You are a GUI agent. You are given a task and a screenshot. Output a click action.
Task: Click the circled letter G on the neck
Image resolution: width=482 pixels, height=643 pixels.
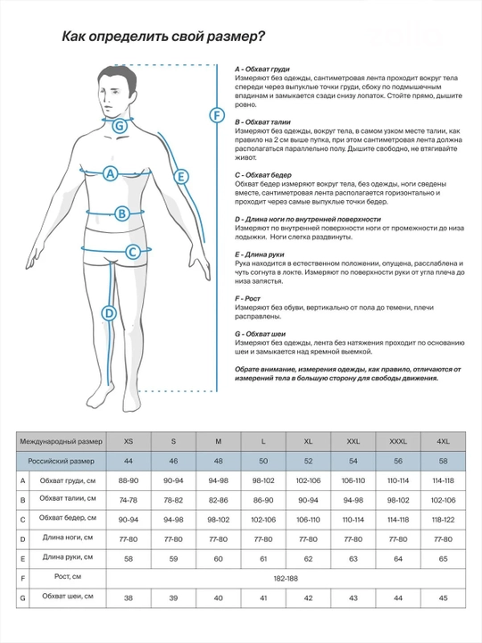(120, 126)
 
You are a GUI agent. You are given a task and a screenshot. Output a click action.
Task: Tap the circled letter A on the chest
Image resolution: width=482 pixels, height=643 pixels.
(110, 174)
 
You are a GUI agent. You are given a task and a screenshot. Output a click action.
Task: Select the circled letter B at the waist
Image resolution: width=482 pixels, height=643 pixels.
(121, 213)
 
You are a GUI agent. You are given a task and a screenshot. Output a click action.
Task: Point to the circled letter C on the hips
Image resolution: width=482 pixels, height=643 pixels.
(132, 251)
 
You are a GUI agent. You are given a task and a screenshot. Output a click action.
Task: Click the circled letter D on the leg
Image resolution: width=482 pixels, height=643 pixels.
(109, 313)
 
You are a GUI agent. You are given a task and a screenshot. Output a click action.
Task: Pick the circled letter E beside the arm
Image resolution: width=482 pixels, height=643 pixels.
(181, 177)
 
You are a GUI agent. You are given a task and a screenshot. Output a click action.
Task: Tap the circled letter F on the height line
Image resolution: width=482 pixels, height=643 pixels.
(217, 115)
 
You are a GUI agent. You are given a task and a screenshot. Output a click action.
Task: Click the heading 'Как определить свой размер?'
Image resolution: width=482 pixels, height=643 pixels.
(163, 37)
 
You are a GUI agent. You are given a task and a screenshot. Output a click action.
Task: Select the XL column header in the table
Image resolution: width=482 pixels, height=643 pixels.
(308, 442)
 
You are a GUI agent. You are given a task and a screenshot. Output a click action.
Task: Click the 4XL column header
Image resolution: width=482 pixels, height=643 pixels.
(443, 442)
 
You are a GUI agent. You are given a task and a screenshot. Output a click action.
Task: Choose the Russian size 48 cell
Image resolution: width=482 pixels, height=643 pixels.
(219, 461)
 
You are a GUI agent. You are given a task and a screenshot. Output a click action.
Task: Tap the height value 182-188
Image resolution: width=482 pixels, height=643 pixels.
(286, 579)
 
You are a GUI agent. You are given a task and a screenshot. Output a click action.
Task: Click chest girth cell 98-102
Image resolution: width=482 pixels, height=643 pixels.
(263, 480)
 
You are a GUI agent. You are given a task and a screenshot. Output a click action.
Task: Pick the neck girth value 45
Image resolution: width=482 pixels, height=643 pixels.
(443, 598)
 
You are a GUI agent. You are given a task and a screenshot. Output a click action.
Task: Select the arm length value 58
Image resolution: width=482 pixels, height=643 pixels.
(129, 559)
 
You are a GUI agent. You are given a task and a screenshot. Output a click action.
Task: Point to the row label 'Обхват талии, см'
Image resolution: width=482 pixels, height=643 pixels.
(68, 498)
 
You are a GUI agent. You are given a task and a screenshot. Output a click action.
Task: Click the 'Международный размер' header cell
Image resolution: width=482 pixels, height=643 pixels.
(62, 442)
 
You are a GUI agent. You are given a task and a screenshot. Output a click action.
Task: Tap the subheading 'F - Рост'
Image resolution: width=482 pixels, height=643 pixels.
(247, 298)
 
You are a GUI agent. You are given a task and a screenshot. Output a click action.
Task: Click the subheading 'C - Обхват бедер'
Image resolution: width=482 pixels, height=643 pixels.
(263, 175)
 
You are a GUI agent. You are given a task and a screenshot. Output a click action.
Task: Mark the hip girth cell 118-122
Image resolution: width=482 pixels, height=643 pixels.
(443, 520)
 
